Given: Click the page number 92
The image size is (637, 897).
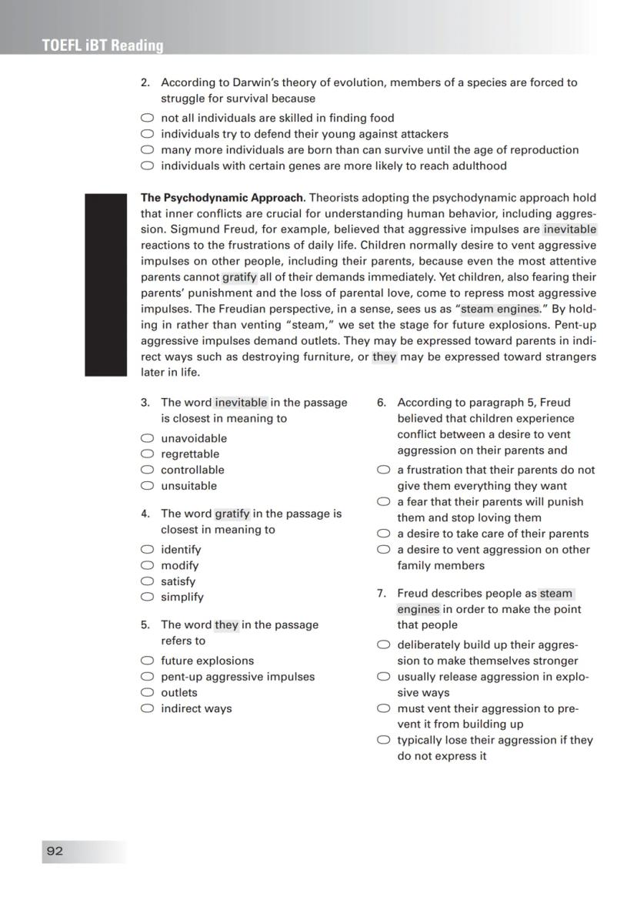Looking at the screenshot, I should pyautogui.click(x=55, y=851).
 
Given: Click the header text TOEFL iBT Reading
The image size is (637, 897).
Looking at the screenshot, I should pyautogui.click(x=103, y=45).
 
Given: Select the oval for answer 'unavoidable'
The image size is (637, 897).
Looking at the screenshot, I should pyautogui.click(x=147, y=438).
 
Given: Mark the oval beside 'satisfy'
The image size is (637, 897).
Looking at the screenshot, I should pyautogui.click(x=147, y=581).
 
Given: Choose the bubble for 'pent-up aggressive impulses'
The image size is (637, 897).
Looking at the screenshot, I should pyautogui.click(x=147, y=677).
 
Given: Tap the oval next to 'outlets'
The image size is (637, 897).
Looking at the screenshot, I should pyautogui.click(x=147, y=692).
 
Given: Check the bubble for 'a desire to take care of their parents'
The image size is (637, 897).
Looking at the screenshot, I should pyautogui.click(x=383, y=534).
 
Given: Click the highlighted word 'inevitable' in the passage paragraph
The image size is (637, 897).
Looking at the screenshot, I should pyautogui.click(x=569, y=229).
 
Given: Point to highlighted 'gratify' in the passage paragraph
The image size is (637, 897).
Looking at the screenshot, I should pyautogui.click(x=239, y=277).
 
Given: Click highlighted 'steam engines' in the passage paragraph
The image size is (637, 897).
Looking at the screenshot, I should pyautogui.click(x=500, y=309).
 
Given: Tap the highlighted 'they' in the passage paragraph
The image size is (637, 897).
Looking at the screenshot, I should pyautogui.click(x=384, y=356).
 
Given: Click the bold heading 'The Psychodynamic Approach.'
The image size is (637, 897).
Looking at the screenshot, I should pyautogui.click(x=223, y=198).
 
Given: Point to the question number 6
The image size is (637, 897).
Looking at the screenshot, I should pyautogui.click(x=381, y=402).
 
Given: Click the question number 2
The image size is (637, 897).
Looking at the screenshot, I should pyautogui.click(x=145, y=82).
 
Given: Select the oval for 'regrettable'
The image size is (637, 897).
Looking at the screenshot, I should pyautogui.click(x=147, y=454).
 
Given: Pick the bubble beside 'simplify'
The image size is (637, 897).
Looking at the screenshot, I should pyautogui.click(x=147, y=597).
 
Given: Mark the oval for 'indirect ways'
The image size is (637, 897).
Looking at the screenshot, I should pyautogui.click(x=147, y=708).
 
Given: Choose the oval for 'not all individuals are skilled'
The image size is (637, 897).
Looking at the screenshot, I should pyautogui.click(x=147, y=118).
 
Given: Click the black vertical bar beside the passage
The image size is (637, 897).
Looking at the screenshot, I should pyautogui.click(x=105, y=285).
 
